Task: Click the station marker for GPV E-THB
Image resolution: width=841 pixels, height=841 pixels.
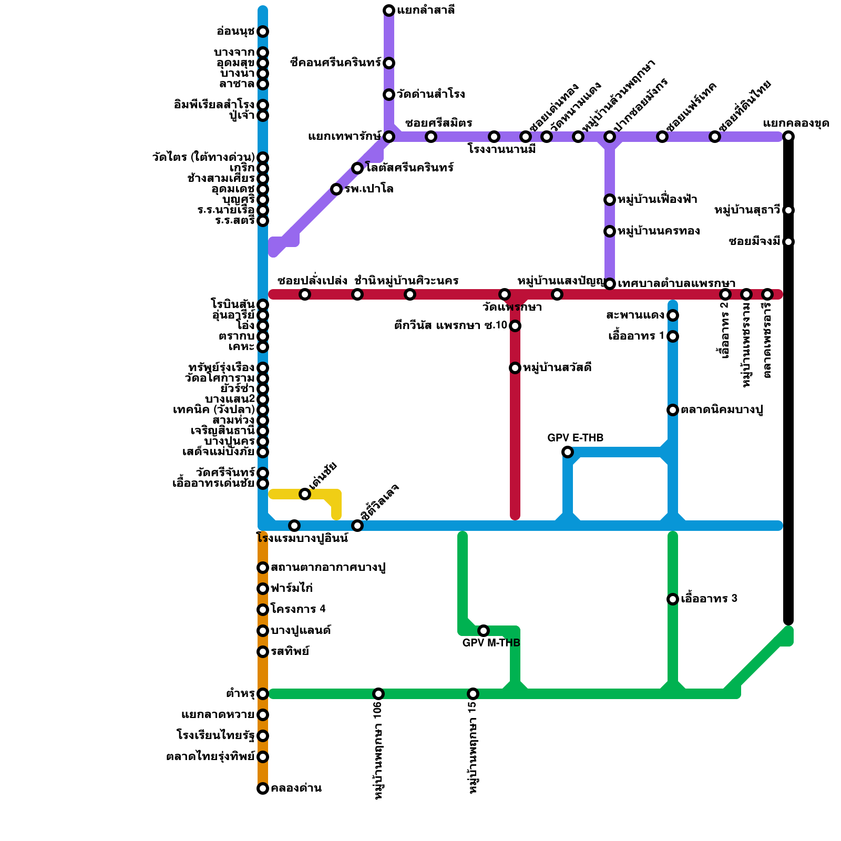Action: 568,452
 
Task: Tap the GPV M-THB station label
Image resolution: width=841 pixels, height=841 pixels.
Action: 491,643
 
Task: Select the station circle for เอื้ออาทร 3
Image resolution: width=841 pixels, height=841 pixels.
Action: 673,599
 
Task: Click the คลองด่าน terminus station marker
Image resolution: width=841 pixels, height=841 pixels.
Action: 263,788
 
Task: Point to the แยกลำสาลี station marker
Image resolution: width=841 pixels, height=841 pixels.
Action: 389,11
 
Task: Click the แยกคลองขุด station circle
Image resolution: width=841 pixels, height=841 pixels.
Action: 788,137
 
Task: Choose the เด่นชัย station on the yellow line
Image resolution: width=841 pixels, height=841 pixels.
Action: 305,494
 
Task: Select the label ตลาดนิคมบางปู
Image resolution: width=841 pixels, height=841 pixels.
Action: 722,410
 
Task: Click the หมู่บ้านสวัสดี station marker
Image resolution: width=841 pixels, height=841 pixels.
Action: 515,368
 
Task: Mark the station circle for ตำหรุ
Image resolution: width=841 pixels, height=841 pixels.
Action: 263,694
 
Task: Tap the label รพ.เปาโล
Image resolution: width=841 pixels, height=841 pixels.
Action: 369,189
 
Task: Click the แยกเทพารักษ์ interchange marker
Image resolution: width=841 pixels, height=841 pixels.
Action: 389,137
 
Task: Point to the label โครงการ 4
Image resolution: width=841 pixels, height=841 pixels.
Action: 298,610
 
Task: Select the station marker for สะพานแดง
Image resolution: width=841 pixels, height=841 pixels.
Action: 673,315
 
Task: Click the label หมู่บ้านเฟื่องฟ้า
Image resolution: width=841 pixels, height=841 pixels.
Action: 657,200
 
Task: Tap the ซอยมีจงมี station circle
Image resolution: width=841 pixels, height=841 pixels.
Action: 788,242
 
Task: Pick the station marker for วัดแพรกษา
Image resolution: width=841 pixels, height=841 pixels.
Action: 505,294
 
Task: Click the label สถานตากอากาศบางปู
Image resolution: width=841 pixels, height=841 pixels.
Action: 328,568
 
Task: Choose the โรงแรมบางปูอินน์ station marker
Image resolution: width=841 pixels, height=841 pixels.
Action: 294,526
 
